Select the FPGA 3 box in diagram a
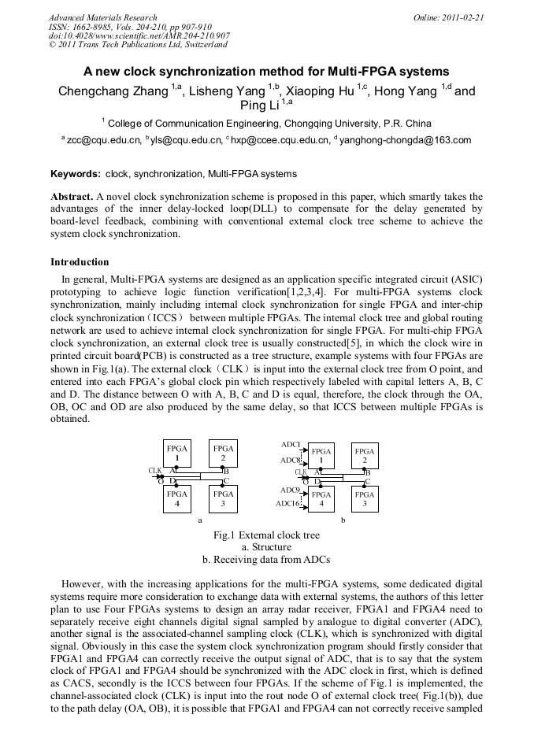coord(224,498)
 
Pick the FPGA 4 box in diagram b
coord(320,498)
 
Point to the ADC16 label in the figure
coord(287,504)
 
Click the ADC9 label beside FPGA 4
coord(290,490)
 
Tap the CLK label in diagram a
coord(155,471)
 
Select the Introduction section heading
coord(80,262)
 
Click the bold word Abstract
coord(72,196)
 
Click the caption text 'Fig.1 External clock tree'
coord(266,535)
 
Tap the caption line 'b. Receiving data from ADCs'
coord(266,560)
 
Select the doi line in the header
coord(139,35)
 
